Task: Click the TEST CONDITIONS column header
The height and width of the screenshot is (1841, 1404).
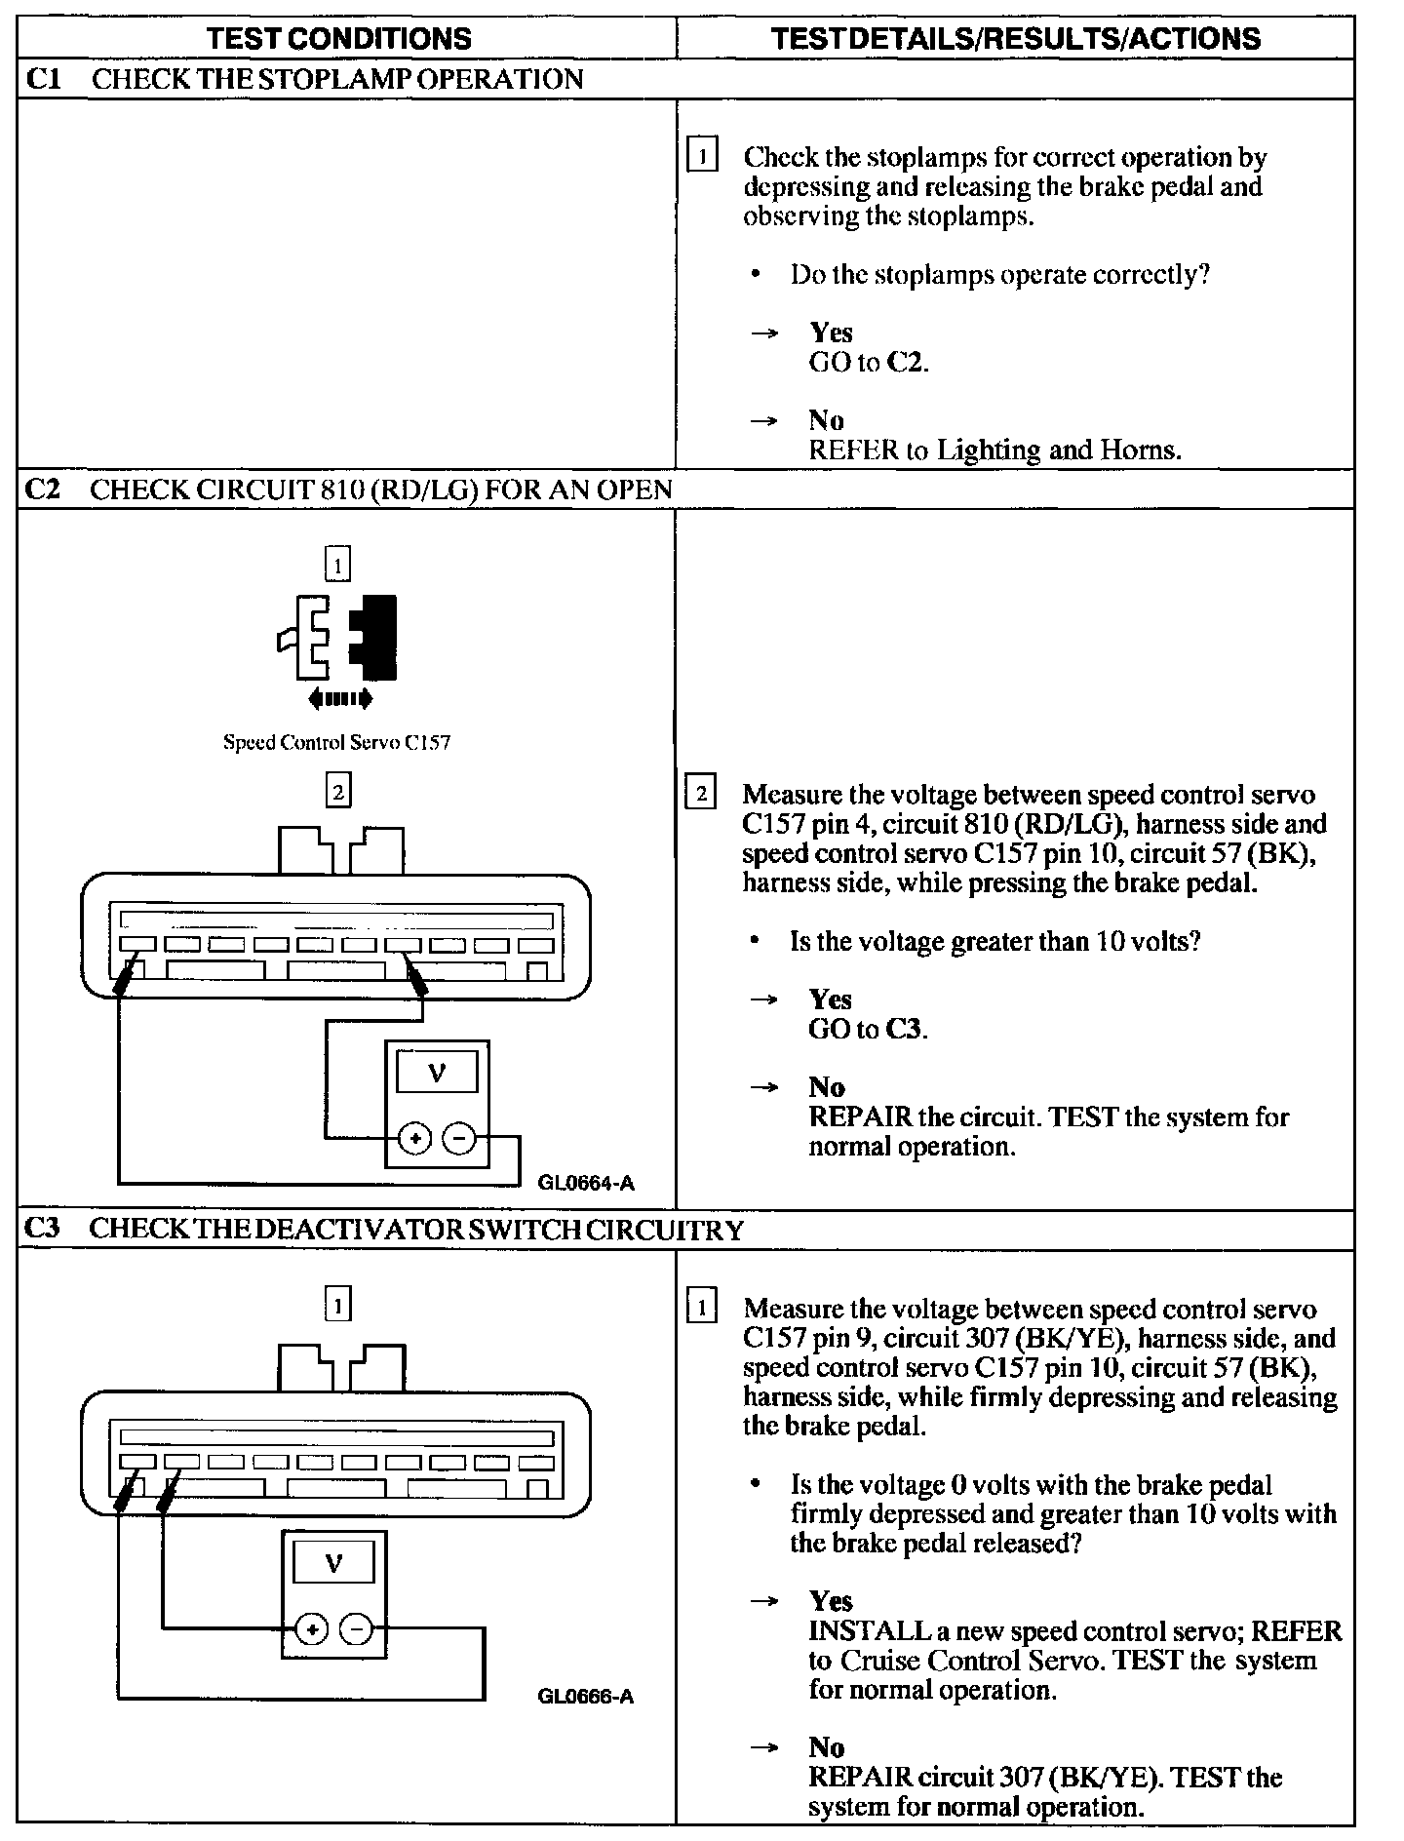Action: (x=340, y=38)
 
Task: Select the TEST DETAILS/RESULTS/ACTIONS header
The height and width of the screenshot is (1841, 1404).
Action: (x=1015, y=38)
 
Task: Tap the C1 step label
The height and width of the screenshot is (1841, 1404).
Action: (x=43, y=79)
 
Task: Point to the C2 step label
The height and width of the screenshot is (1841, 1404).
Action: (x=43, y=489)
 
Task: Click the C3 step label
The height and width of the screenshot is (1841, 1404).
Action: (x=43, y=1230)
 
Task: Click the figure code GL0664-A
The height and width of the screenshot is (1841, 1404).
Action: (x=586, y=1184)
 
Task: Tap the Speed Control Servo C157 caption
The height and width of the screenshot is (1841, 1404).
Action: (x=336, y=743)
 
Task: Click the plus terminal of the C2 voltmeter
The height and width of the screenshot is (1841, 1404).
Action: (x=415, y=1138)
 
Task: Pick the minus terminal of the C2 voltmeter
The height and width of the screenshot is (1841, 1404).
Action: (x=459, y=1138)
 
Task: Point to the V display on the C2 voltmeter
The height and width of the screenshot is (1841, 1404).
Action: (x=437, y=1074)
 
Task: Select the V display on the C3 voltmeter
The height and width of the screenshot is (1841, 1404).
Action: (x=333, y=1564)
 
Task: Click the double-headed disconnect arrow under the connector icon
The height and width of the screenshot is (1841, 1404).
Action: (x=338, y=698)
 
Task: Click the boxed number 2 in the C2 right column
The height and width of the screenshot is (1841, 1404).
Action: (x=701, y=793)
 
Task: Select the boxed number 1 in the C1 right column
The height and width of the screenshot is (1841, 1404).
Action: (x=702, y=156)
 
